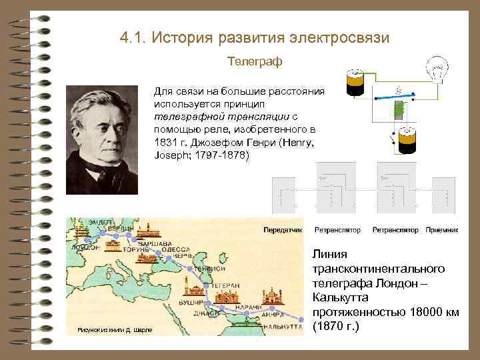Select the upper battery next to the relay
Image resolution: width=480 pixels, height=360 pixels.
coord(353,84)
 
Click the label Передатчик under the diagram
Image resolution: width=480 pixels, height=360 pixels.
coord(283,229)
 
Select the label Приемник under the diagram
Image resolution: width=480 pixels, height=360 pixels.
coord(443,229)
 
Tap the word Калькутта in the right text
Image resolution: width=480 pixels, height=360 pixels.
coord(339,298)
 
